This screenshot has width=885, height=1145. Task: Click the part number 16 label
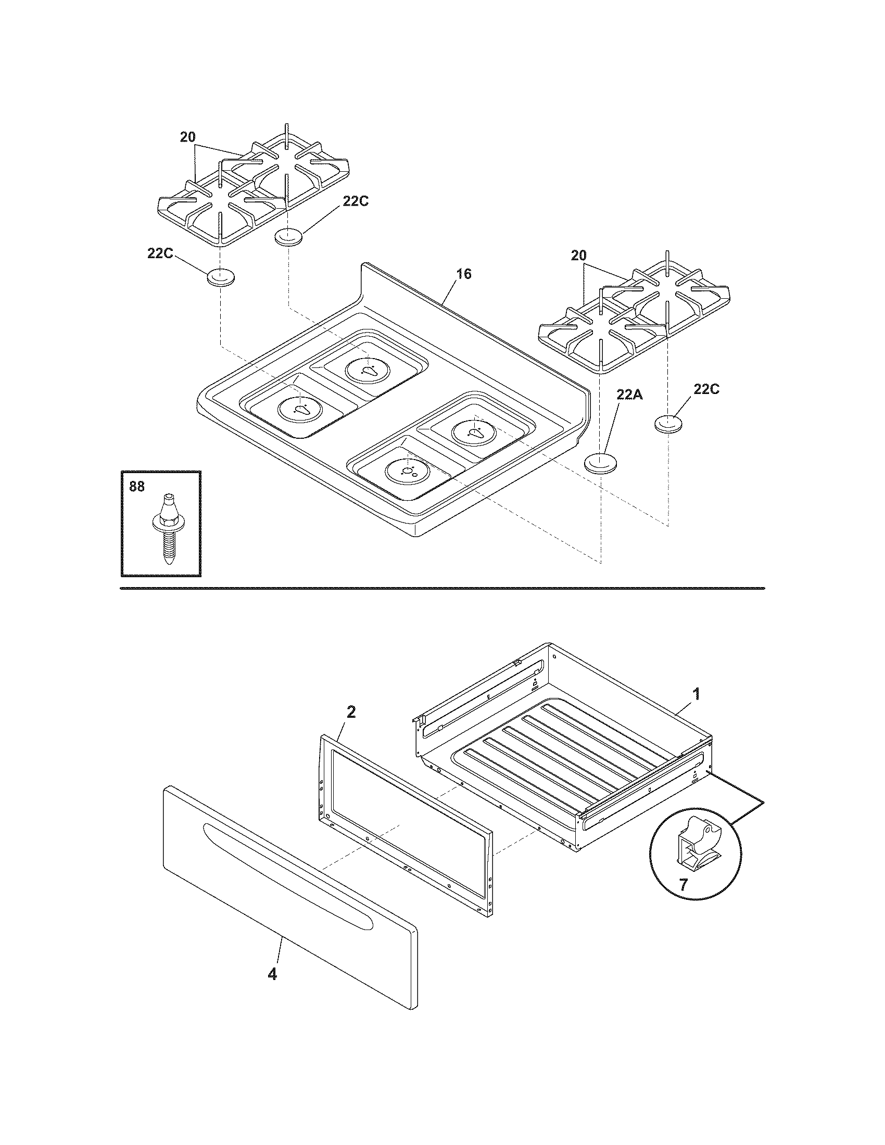[463, 274]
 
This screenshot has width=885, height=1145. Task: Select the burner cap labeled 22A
[600, 463]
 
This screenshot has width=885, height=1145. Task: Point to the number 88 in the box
[137, 487]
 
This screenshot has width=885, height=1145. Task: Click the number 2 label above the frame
[351, 712]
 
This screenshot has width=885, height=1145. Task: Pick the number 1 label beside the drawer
[696, 694]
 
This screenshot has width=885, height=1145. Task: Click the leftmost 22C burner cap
[220, 277]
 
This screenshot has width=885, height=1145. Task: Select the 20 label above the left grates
[188, 137]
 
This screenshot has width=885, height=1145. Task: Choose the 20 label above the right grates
[578, 256]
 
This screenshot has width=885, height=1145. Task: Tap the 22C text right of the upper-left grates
[356, 201]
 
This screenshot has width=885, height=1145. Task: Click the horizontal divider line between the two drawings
[442, 588]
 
